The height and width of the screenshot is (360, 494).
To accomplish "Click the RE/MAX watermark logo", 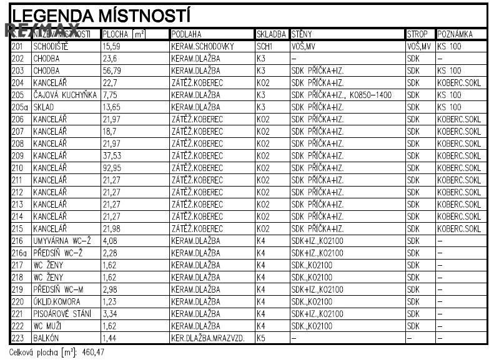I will point(42,30).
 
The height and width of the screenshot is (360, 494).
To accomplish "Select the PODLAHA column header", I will point(185,34).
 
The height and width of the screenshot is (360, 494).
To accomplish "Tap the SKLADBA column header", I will point(272,34).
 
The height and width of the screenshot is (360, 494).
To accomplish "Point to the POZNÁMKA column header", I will point(455,34).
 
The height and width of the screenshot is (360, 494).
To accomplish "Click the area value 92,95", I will point(113,168).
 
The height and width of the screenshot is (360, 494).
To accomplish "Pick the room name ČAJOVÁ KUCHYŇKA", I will point(65,95).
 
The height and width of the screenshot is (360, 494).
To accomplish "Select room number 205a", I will point(19,107).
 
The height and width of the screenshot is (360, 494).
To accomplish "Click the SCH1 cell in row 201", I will point(265,46).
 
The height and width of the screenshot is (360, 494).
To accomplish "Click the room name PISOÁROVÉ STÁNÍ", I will point(62,314).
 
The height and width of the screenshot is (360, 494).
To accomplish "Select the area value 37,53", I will point(112,156).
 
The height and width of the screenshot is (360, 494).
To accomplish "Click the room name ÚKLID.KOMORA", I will point(57,301).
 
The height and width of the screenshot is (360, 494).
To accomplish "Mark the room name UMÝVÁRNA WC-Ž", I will point(61,241).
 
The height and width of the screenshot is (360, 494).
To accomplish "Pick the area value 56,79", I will point(112,71).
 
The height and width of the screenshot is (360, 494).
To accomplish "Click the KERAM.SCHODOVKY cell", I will point(202,46).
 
